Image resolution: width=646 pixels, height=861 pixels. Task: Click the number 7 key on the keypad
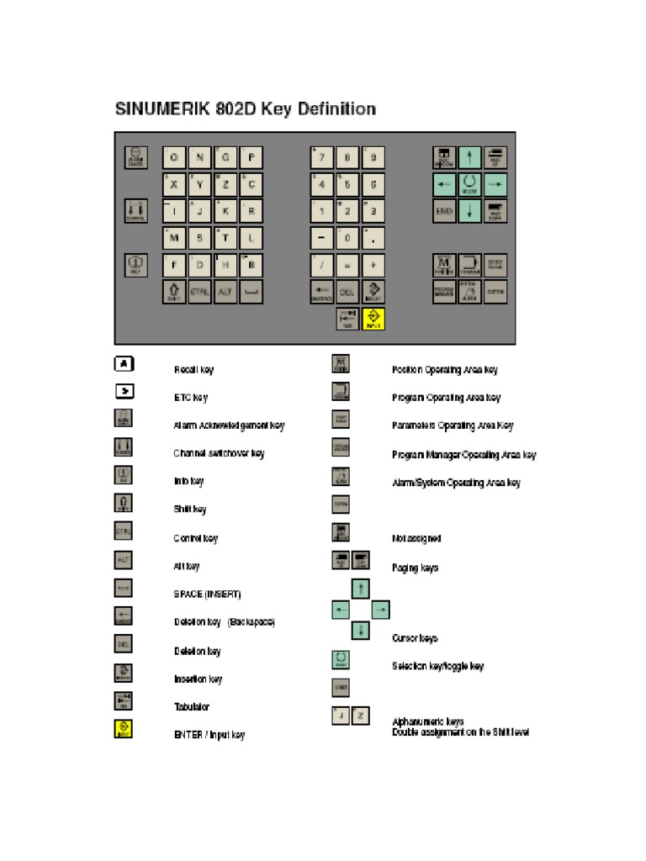pyautogui.click(x=320, y=157)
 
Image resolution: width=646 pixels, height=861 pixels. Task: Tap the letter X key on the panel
pyautogui.click(x=174, y=184)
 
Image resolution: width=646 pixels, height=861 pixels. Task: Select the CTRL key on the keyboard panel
pyautogui.click(x=199, y=293)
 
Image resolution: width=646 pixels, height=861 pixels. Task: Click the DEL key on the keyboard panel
pyautogui.click(x=347, y=293)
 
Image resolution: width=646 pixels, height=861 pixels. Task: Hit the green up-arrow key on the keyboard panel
pyautogui.click(x=470, y=157)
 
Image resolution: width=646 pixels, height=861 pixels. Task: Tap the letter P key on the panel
pyautogui.click(x=252, y=157)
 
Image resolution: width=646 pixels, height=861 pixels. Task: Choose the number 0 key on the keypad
pyautogui.click(x=347, y=238)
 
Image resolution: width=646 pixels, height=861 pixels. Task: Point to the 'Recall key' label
pyautogui.click(x=193, y=370)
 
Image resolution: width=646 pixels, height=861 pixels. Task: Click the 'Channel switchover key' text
pyautogui.click(x=219, y=453)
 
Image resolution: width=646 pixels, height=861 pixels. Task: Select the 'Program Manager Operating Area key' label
pyautogui.click(x=463, y=455)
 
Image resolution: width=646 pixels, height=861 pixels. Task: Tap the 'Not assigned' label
pyautogui.click(x=416, y=538)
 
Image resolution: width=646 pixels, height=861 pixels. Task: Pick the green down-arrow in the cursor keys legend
pyautogui.click(x=360, y=630)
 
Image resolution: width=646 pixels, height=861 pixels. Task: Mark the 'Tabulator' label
pyautogui.click(x=192, y=707)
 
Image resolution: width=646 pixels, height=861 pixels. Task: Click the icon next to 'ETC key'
pyautogui.click(x=123, y=392)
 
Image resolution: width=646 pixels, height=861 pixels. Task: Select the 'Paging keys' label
pyautogui.click(x=415, y=568)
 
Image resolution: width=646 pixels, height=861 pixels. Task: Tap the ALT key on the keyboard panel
pyautogui.click(x=225, y=293)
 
